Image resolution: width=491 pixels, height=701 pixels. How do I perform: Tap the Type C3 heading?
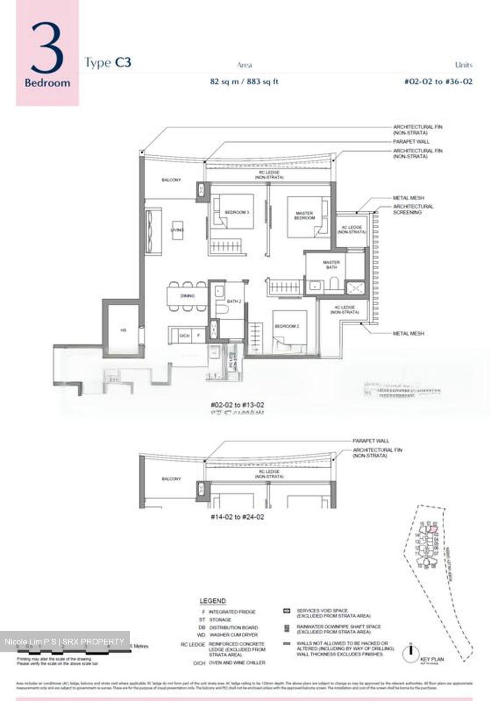108,63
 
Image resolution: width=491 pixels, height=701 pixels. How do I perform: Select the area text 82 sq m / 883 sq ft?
244,82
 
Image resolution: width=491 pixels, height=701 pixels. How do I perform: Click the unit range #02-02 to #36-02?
438,82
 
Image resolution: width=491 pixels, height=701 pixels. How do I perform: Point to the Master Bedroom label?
304,216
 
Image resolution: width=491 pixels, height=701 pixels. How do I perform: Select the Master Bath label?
331,265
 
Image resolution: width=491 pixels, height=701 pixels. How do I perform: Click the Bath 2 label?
234,302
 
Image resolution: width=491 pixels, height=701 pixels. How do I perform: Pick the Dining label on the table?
188,296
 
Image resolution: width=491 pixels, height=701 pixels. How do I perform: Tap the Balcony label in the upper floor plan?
171,180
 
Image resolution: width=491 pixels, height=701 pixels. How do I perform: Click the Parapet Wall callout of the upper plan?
411,142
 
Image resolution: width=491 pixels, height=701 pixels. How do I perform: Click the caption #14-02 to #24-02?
237,517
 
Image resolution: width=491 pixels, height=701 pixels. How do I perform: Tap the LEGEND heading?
212,601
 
